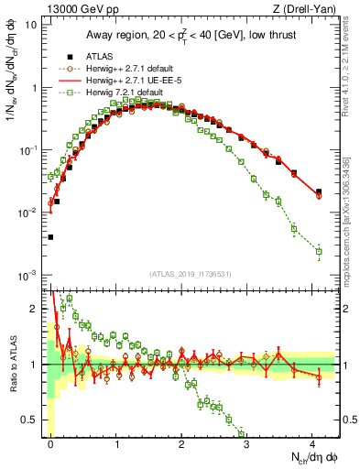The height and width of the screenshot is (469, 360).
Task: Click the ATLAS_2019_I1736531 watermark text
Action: [190, 274]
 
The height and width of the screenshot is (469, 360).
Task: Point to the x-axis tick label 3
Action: [246, 442]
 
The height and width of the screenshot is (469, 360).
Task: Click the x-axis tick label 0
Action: [51, 442]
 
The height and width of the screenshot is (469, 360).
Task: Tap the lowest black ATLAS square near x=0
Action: [50, 237]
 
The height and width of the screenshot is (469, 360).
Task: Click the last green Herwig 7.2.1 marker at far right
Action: [319, 251]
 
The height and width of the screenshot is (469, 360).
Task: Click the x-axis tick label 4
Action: [311, 442]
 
